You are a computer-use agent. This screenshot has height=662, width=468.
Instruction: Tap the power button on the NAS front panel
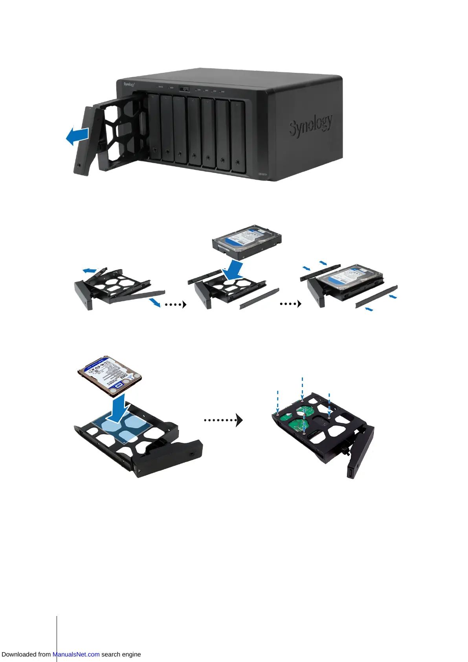[184, 89]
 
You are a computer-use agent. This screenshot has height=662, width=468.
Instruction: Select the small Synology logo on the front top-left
[129, 84]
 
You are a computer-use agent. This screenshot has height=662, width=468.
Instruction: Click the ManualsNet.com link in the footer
[76, 654]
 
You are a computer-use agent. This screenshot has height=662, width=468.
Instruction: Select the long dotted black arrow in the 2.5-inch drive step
[223, 420]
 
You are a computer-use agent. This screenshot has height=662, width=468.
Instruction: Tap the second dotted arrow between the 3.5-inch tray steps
[290, 304]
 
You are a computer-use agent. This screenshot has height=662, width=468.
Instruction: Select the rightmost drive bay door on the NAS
[238, 136]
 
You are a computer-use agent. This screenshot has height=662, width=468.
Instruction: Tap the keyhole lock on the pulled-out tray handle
[79, 165]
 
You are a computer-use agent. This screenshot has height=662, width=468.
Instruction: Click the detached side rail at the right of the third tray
[376, 297]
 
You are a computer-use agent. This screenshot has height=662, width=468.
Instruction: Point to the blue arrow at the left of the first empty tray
[90, 270]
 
